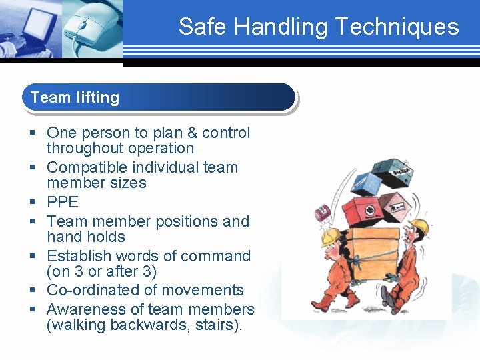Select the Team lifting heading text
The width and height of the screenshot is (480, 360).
pos(75,97)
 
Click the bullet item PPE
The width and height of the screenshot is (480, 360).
pos(63,202)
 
